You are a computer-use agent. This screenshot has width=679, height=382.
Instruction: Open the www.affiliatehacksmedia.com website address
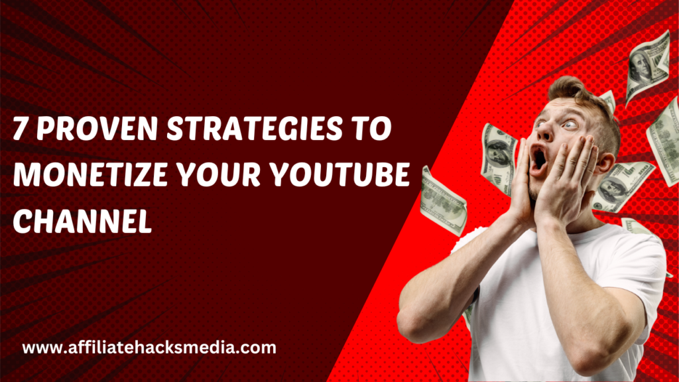point(149,347)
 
